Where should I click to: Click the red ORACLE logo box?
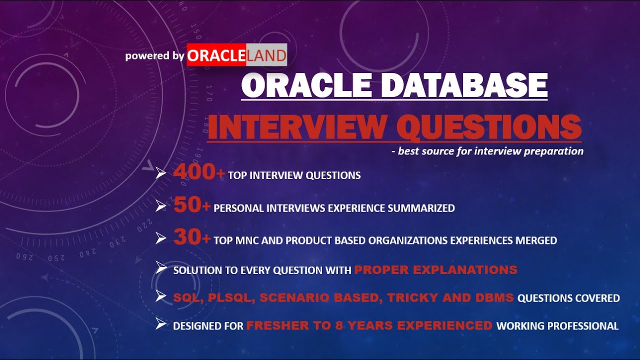coord(216,55)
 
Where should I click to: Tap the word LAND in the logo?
coord(266,55)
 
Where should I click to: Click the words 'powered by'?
coord(154,55)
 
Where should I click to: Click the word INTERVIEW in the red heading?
coord(298,127)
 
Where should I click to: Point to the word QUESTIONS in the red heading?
coord(488,127)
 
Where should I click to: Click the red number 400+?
coord(198,173)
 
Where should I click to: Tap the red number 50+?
coord(191,206)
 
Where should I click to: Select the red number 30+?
coord(191,238)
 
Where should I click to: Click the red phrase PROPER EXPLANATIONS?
coord(435,270)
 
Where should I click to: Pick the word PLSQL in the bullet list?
coord(228,298)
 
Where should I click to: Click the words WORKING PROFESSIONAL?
coord(557,326)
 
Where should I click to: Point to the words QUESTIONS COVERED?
coord(568,298)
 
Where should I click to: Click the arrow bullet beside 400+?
coord(160,174)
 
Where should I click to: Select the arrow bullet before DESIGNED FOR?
coord(160,325)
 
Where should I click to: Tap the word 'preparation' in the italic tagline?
coord(554,151)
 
